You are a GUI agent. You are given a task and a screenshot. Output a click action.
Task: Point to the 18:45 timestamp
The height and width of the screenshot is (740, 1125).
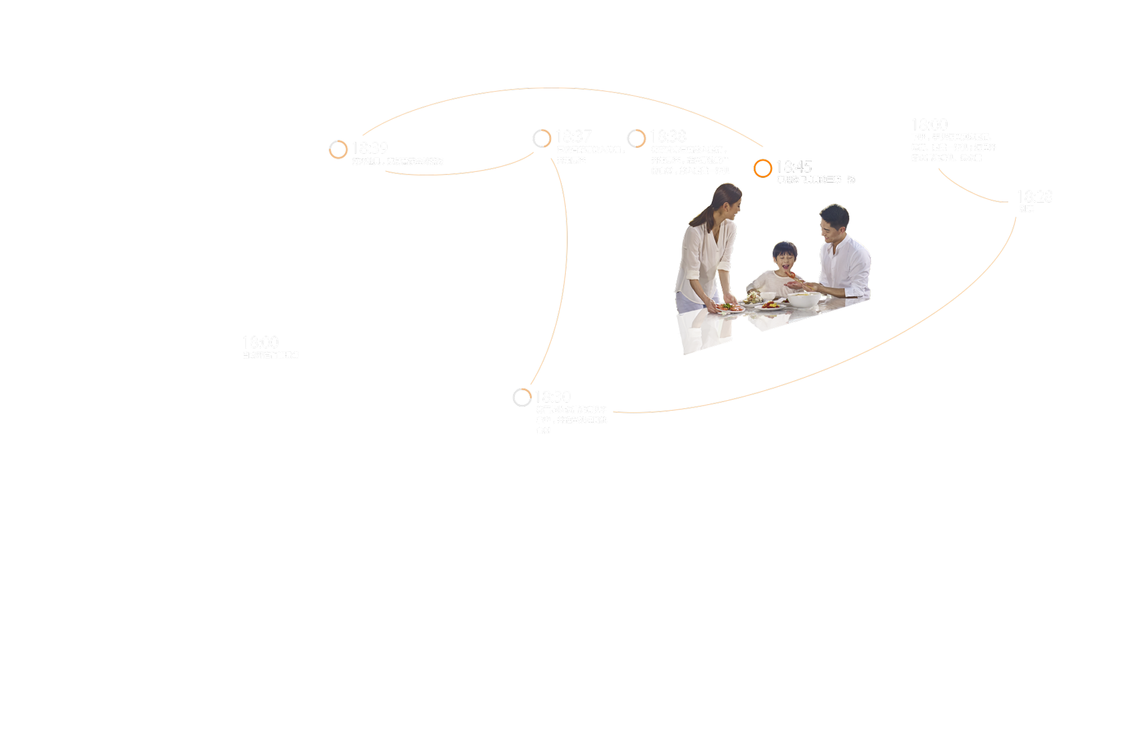(x=794, y=167)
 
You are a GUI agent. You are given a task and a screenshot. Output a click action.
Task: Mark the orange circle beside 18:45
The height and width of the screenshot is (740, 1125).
(x=762, y=169)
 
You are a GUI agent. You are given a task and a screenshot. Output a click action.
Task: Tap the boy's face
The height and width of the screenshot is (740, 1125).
(x=785, y=258)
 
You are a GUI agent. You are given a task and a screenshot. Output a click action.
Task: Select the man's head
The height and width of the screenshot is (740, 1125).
(x=834, y=222)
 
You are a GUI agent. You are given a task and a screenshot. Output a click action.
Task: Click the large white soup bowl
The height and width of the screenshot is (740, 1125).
(x=804, y=299)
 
